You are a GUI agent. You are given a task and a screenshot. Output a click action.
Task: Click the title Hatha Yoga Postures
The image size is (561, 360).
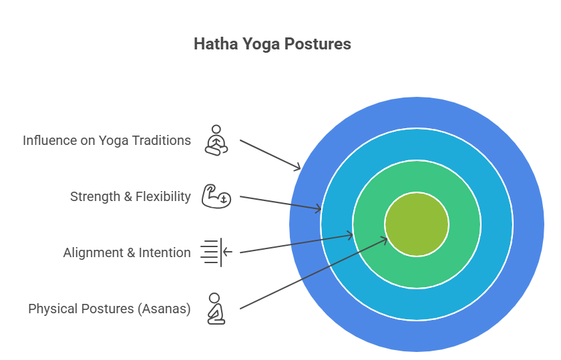(x=272, y=44)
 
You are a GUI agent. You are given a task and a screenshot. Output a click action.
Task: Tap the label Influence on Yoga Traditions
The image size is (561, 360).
(x=107, y=141)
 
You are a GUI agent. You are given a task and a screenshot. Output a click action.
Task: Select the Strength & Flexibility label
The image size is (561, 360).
(x=130, y=196)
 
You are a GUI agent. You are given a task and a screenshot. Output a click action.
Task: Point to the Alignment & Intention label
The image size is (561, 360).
(x=127, y=252)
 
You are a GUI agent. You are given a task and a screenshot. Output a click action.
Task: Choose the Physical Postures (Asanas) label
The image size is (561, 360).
(x=109, y=309)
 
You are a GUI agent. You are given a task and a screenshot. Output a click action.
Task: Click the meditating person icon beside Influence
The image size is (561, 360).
(x=216, y=140)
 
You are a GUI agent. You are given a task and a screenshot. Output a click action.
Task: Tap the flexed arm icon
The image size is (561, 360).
(x=216, y=196)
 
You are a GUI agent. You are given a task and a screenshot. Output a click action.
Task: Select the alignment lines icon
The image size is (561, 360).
(x=216, y=252)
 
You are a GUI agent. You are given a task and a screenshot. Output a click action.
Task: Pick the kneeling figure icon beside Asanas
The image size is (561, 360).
(x=216, y=309)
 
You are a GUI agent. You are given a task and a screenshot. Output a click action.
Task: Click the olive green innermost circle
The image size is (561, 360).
(x=417, y=224)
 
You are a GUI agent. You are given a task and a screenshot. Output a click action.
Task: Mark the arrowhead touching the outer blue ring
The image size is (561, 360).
(x=297, y=167)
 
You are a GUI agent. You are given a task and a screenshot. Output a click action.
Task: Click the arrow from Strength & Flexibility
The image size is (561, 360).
(x=280, y=203)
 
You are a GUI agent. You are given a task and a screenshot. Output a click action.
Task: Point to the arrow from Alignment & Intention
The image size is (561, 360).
(x=297, y=244)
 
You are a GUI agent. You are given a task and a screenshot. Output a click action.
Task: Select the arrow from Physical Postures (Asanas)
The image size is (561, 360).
(x=314, y=273)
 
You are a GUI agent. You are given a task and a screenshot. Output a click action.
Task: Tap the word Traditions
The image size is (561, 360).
(x=162, y=141)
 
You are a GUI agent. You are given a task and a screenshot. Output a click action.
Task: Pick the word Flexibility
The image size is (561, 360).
(x=163, y=196)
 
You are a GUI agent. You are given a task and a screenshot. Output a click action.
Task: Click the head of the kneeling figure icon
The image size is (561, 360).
(x=214, y=298)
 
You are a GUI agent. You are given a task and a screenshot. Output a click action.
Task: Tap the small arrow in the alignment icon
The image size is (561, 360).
(x=228, y=252)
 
